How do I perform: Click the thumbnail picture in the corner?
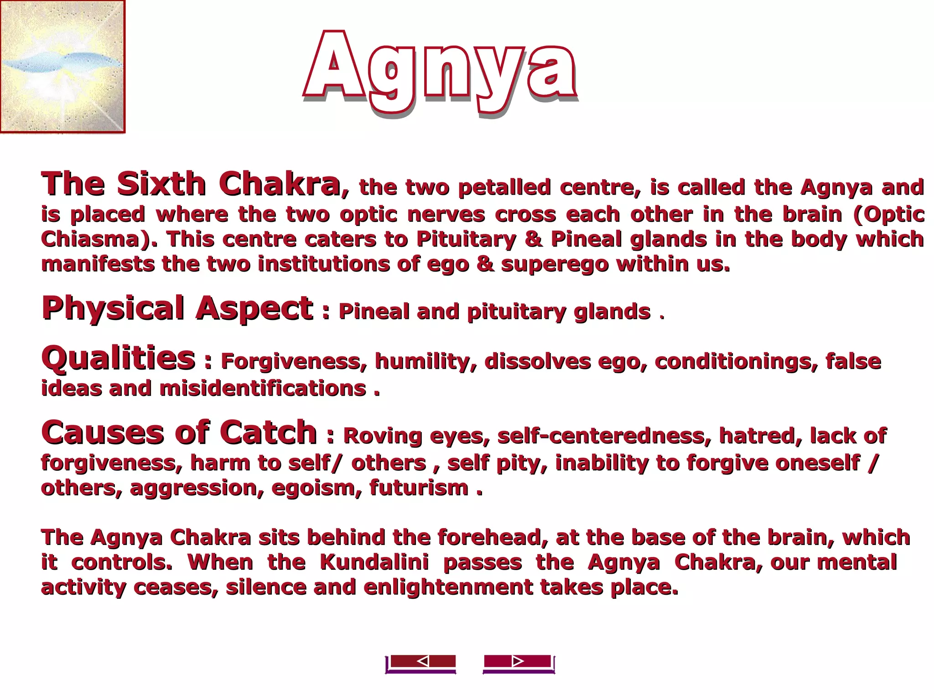pyautogui.click(x=62, y=67)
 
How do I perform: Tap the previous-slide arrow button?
pyautogui.click(x=421, y=662)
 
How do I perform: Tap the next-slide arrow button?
pyautogui.click(x=518, y=662)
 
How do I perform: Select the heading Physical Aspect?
pyautogui.click(x=177, y=309)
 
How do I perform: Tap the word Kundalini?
pyautogui.click(x=374, y=562)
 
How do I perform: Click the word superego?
pyautogui.click(x=555, y=264)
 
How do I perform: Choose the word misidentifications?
pyautogui.click(x=263, y=389)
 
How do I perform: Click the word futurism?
pyautogui.click(x=419, y=488)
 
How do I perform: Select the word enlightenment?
pyautogui.click(x=448, y=587)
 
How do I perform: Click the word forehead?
pyautogui.click(x=493, y=538)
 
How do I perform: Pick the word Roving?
pyautogui.click(x=382, y=436)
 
